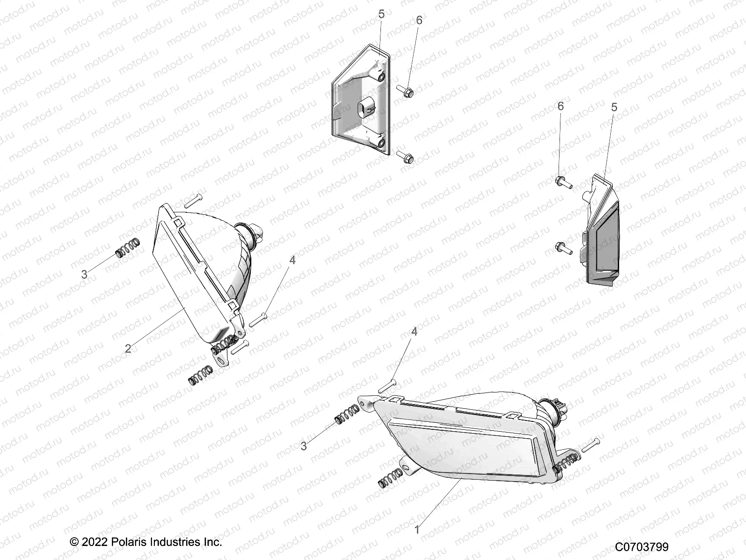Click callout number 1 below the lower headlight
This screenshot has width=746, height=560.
pos(417,530)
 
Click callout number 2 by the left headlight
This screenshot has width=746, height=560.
pos(128,348)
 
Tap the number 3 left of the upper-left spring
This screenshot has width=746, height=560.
pos(84,274)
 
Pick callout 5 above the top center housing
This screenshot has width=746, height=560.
pos(381,14)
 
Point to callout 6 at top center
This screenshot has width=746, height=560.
pos(419,20)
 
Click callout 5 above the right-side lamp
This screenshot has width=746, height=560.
pos(614,107)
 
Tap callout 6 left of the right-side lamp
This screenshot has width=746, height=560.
pos(560,106)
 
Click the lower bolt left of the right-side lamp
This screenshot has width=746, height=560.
pos(563,248)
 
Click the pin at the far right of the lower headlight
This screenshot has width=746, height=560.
pos(589,445)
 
